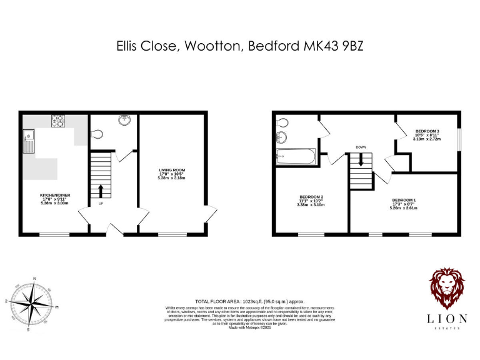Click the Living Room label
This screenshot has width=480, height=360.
click(x=171, y=170)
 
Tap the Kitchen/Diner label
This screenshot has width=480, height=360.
click(x=55, y=196)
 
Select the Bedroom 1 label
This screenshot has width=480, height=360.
click(x=405, y=199)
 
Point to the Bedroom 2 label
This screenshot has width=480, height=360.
click(x=311, y=197)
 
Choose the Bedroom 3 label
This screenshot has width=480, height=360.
click(x=427, y=131)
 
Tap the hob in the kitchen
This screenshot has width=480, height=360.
click(x=58, y=121)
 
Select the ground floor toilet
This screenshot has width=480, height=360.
click(x=97, y=134)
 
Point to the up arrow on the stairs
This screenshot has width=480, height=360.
click(x=101, y=190)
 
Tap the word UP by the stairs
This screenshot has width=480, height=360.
click(x=101, y=204)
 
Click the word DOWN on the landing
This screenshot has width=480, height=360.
click(x=361, y=147)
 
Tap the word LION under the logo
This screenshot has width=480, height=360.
click(x=446, y=318)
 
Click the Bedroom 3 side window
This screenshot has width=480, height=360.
click(x=459, y=139)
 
